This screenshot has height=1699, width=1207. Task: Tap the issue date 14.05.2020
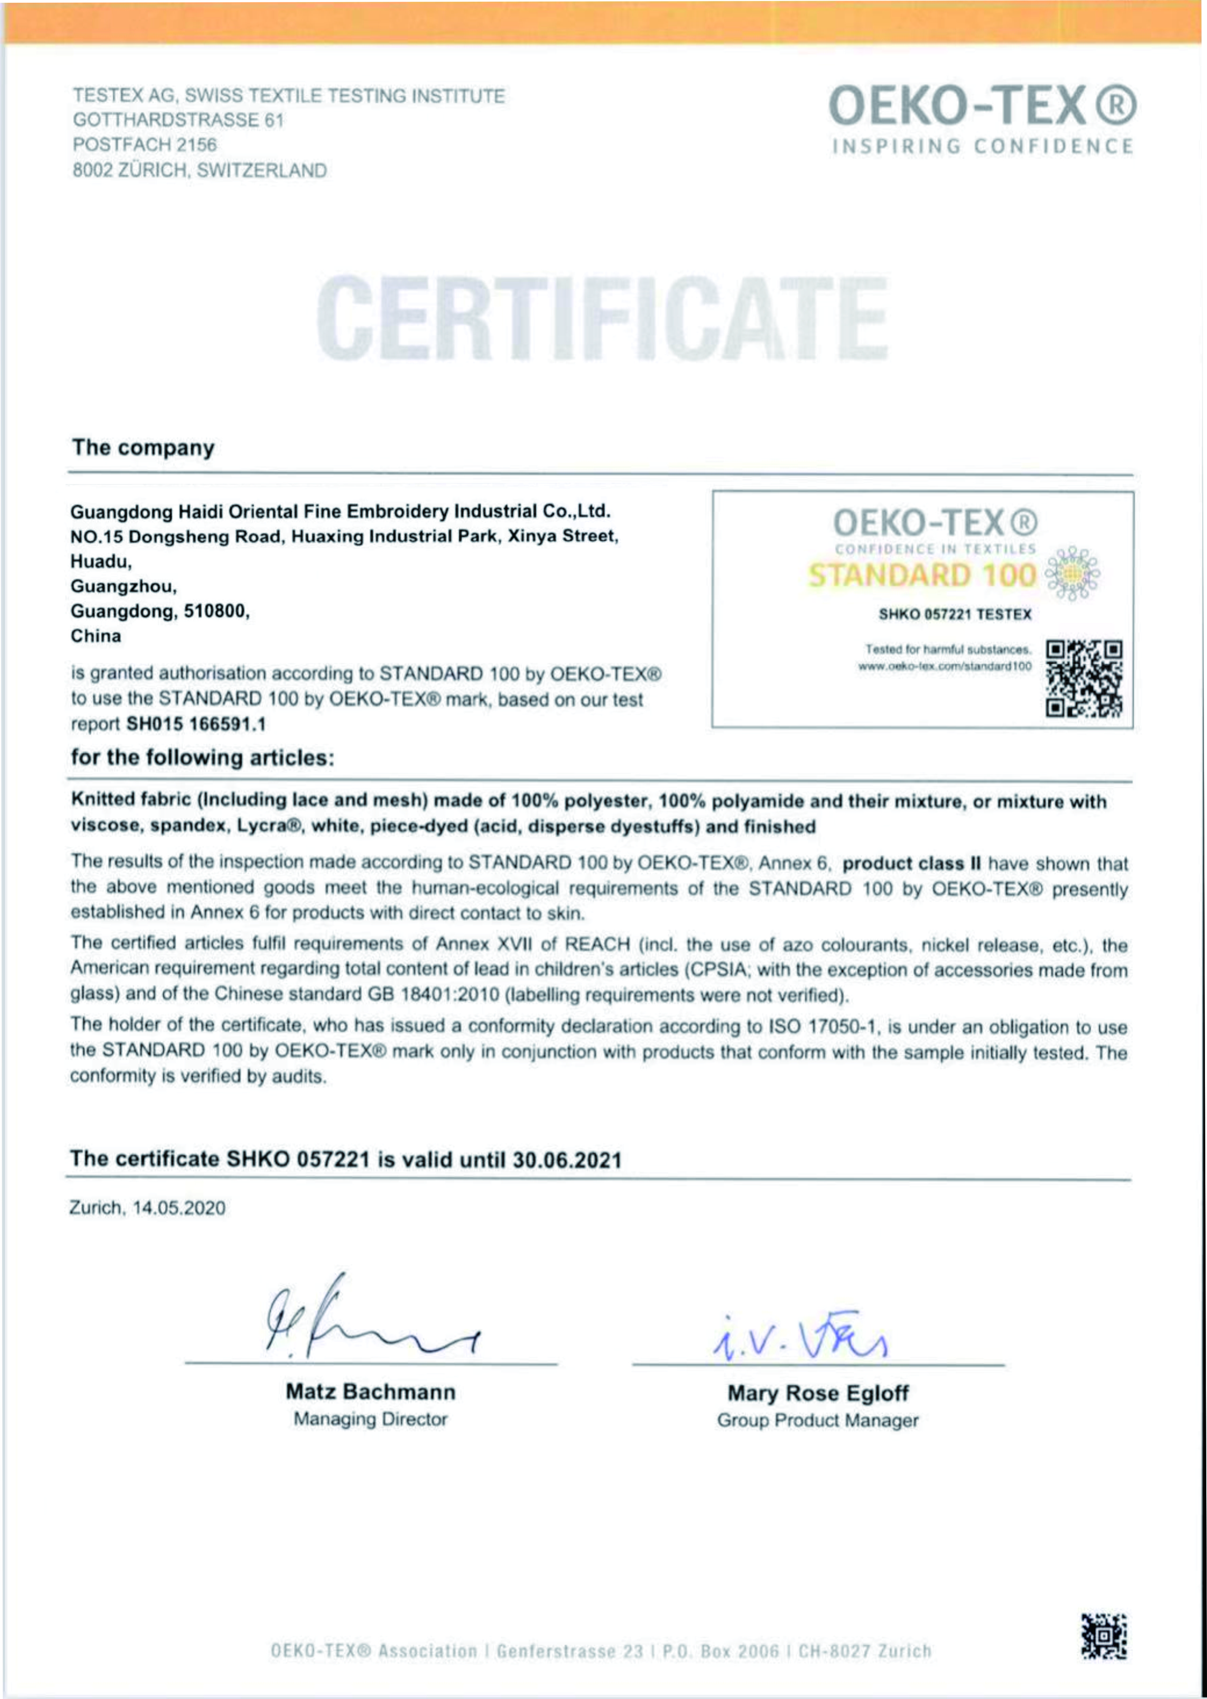pyautogui.click(x=178, y=1208)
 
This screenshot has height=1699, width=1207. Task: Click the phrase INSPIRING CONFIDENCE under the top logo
pyautogui.click(x=983, y=146)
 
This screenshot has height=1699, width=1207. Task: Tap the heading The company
pyautogui.click(x=143, y=448)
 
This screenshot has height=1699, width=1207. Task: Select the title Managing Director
pyautogui.click(x=370, y=1419)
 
